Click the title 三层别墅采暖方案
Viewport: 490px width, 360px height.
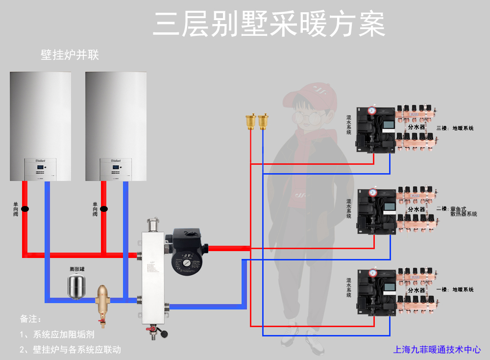tap(269, 24)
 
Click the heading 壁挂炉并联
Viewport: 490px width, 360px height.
tap(70, 55)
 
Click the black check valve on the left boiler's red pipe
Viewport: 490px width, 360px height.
tap(25, 209)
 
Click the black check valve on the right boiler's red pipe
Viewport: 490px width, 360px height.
tap(103, 209)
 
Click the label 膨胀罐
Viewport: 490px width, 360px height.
tap(77, 269)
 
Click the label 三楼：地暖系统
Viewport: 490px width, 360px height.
tap(455, 129)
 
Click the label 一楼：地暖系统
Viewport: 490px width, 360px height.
tap(455, 290)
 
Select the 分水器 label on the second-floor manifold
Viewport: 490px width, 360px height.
tap(416, 209)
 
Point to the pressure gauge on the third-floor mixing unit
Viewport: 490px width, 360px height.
tap(372, 111)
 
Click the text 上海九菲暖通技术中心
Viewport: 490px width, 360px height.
tap(437, 350)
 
